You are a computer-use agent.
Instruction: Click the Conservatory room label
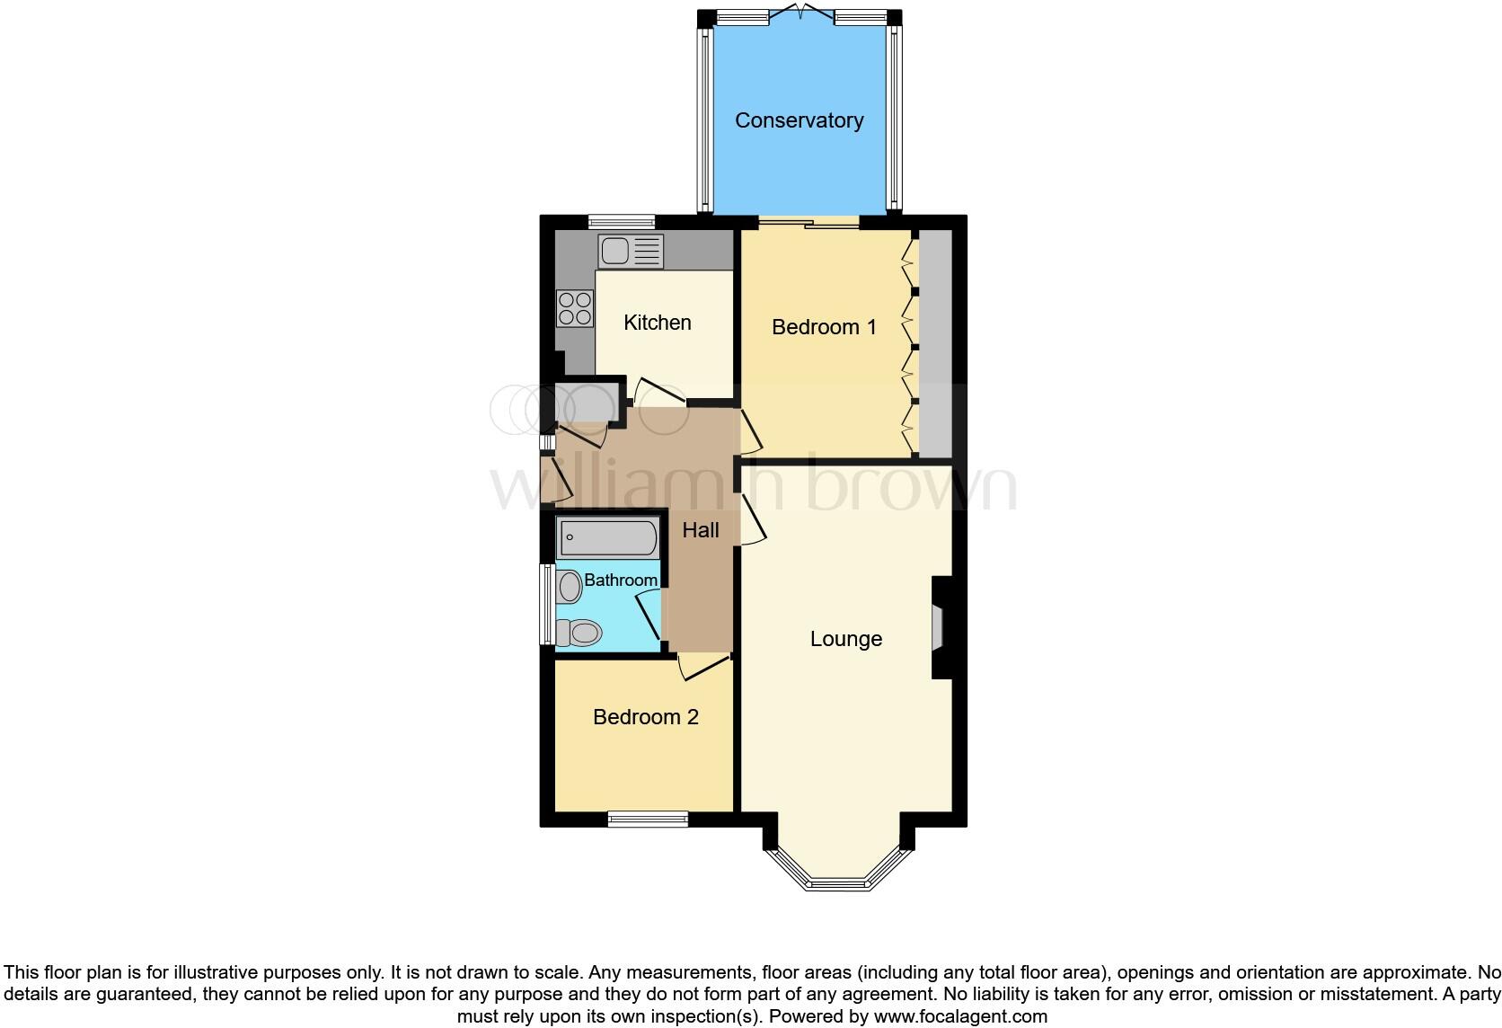pyautogui.click(x=799, y=120)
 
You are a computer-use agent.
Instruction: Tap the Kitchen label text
pyautogui.click(x=658, y=323)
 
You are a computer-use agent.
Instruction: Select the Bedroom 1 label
pyautogui.click(x=824, y=327)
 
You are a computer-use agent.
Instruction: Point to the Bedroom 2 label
pyautogui.click(x=645, y=717)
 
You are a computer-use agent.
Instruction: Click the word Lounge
pyautogui.click(x=846, y=639)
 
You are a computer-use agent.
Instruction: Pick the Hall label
pyautogui.click(x=701, y=530)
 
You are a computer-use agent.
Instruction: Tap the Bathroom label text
pyautogui.click(x=621, y=580)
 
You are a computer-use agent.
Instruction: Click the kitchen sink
pyautogui.click(x=631, y=252)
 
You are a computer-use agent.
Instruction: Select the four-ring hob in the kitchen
pyautogui.click(x=575, y=308)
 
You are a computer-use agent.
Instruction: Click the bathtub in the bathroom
pyautogui.click(x=608, y=539)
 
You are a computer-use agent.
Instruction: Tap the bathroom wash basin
pyautogui.click(x=570, y=589)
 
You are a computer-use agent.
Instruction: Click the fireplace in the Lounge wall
pyautogui.click(x=939, y=626)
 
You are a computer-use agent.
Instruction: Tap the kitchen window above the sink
pyautogui.click(x=622, y=221)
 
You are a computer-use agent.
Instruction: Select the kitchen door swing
pyautogui.click(x=659, y=392)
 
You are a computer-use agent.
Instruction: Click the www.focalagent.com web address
pyautogui.click(x=960, y=1016)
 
